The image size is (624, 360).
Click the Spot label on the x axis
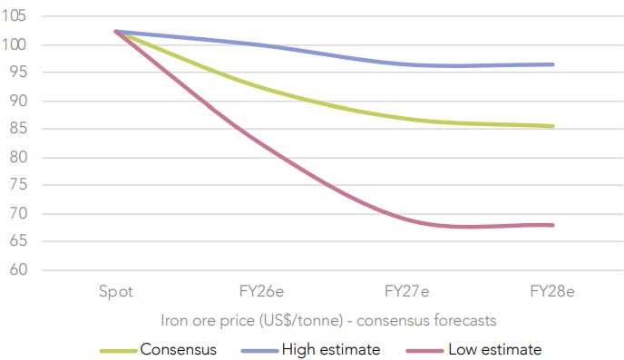click(x=116, y=292)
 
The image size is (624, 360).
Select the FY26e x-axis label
click(x=261, y=292)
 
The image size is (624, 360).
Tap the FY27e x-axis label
click(x=407, y=292)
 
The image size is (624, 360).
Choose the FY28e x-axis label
click(x=552, y=292)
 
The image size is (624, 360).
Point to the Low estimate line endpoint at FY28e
click(x=552, y=225)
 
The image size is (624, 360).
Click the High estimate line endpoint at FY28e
click(x=552, y=64)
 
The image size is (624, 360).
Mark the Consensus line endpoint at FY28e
click(x=552, y=126)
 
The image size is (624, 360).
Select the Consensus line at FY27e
click(x=407, y=117)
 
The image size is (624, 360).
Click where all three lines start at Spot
click(x=116, y=31)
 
